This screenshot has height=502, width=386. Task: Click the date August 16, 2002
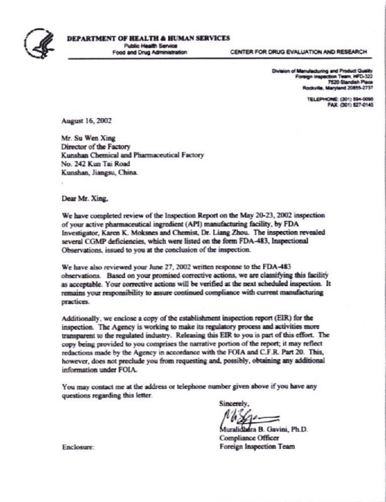[x=86, y=120]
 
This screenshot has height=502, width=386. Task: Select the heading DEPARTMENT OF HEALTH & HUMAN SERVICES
[x=148, y=38]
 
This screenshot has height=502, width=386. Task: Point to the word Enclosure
[x=78, y=447]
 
